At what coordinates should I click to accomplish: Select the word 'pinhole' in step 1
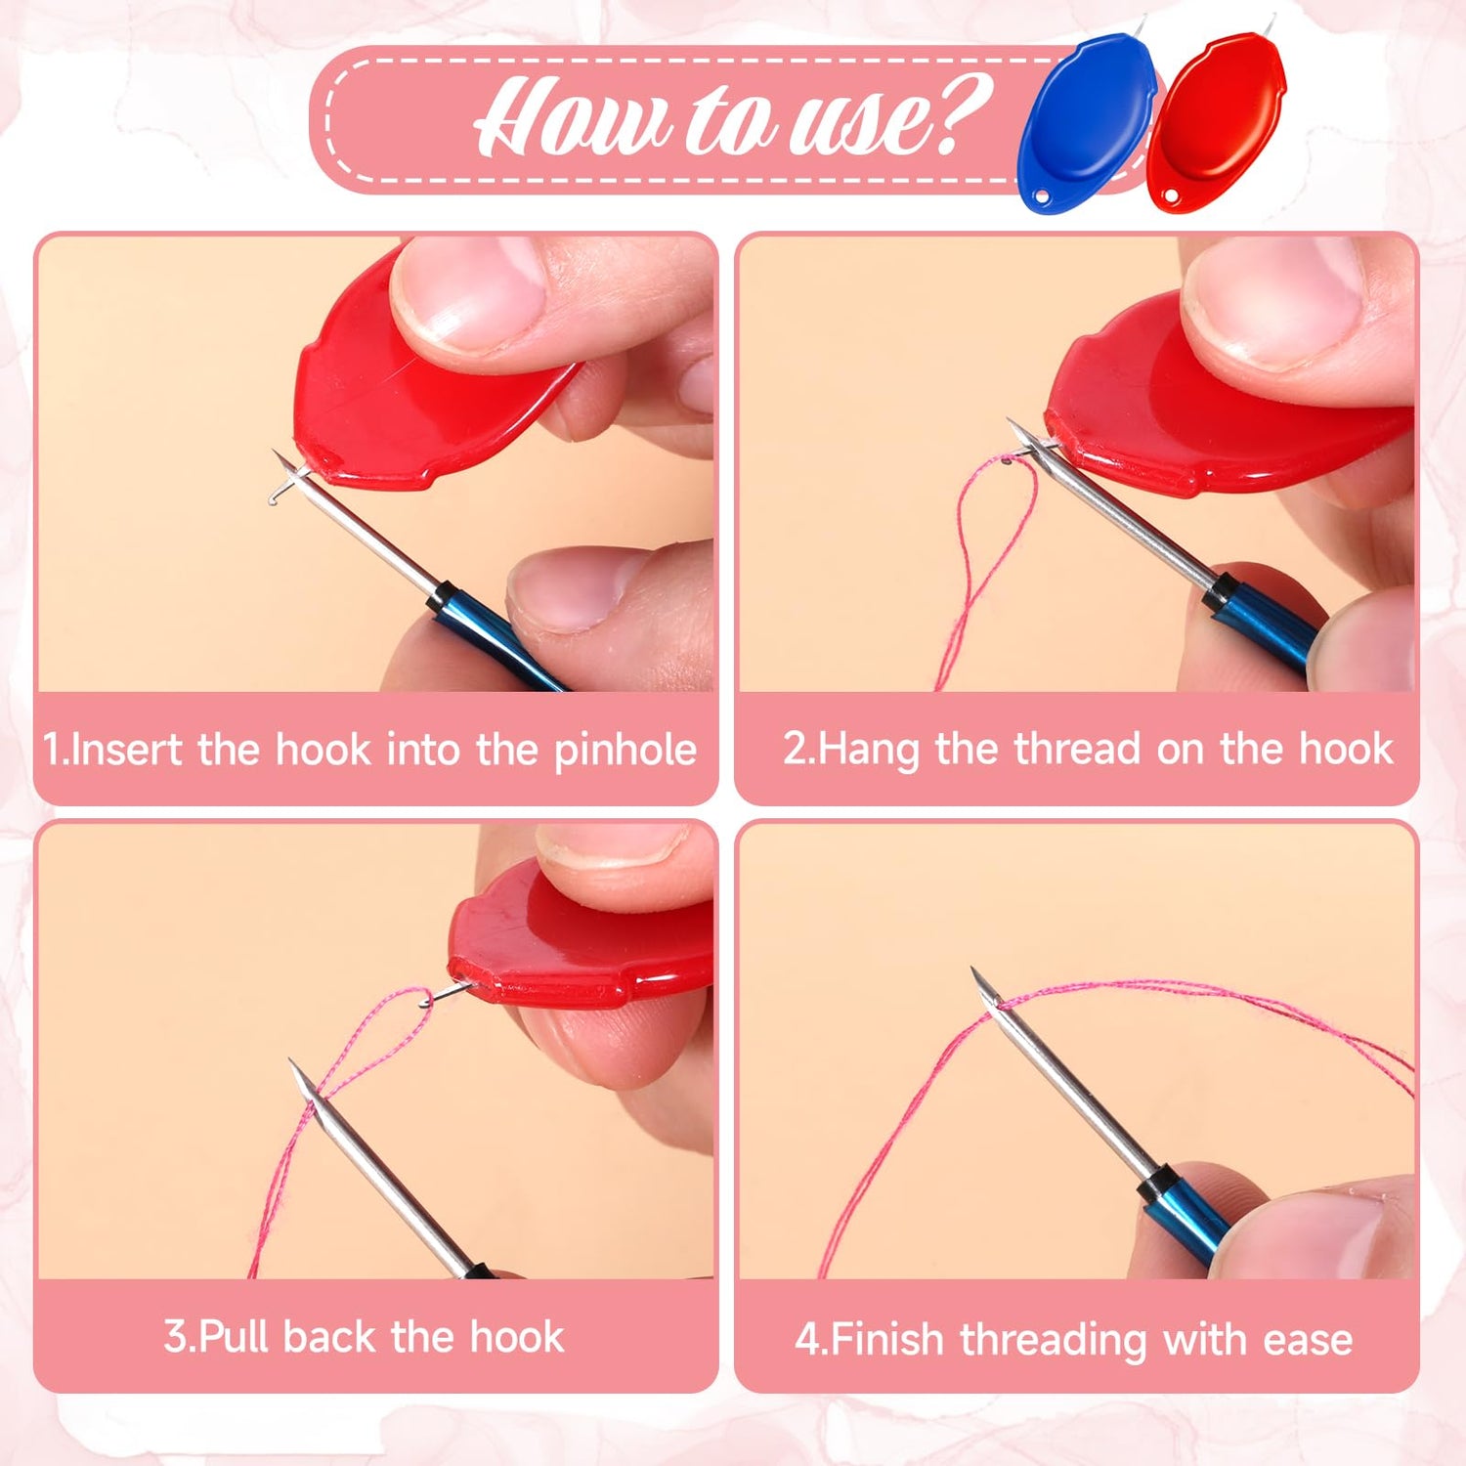625,751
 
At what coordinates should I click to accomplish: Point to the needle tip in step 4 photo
974,970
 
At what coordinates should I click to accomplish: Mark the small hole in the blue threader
1042,196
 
